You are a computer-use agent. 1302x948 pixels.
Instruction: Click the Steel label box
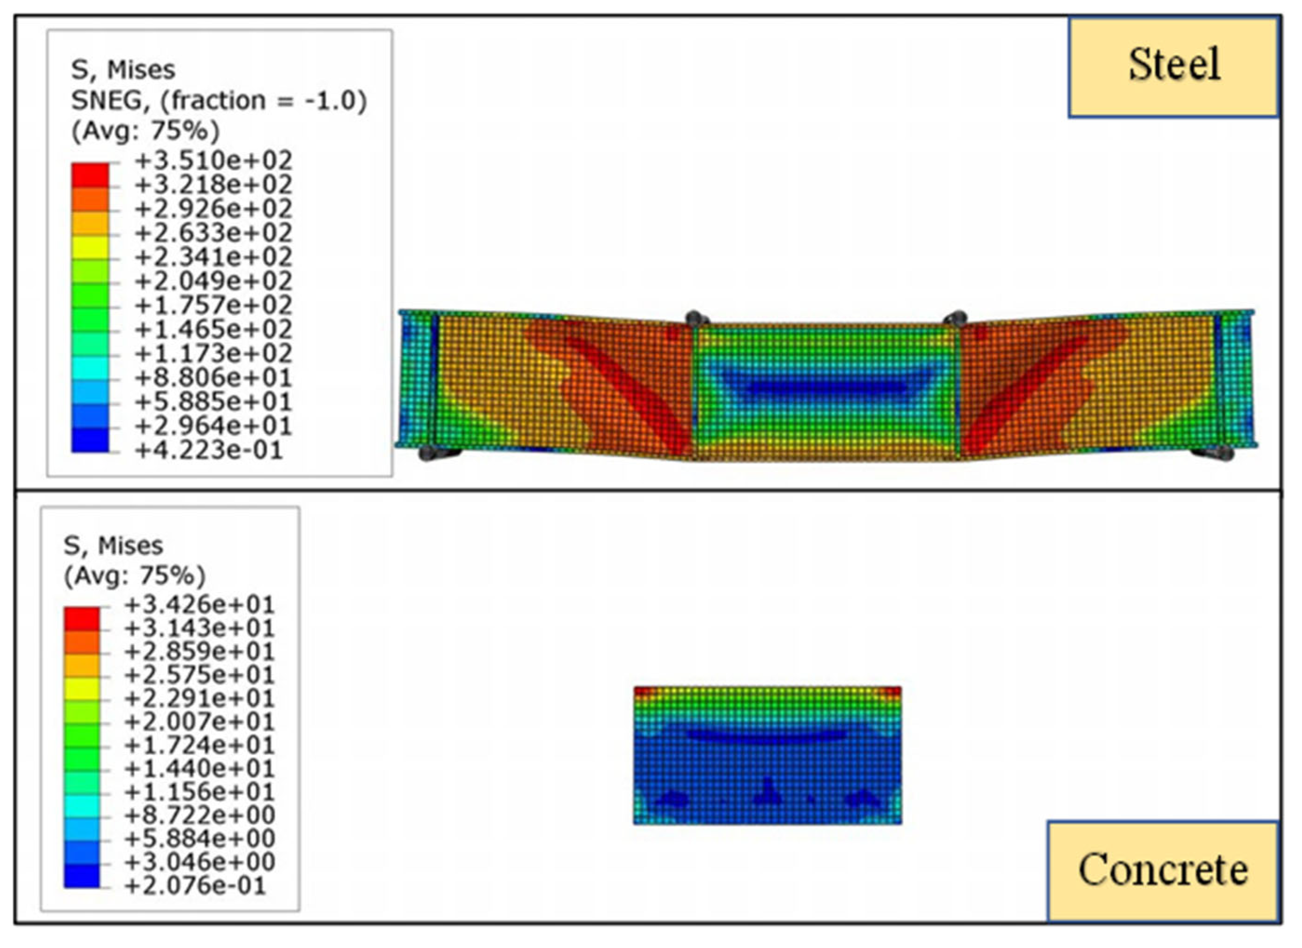(1174, 68)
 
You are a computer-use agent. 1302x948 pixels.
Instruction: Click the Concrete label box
(1164, 870)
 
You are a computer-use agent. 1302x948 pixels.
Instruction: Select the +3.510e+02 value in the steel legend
(214, 160)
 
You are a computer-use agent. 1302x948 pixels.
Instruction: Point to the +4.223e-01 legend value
(209, 450)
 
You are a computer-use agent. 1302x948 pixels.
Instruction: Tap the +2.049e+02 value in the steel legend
(214, 280)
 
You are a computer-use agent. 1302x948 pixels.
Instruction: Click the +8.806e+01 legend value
(214, 377)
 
